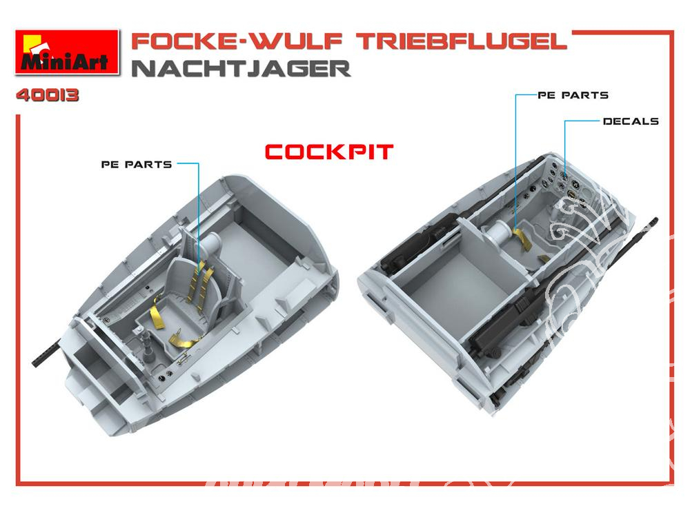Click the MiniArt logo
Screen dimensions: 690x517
tap(67, 52)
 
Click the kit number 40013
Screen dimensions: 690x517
tap(48, 95)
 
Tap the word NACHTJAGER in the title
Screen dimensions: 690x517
tap(241, 68)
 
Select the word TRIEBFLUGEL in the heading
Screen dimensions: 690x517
tap(461, 41)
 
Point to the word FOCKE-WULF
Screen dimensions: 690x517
tap(237, 41)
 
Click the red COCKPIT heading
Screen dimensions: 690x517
tap(328, 152)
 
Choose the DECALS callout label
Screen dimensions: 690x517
tap(631, 121)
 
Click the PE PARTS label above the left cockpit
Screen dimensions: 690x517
tap(137, 165)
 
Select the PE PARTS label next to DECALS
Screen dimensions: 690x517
tap(573, 95)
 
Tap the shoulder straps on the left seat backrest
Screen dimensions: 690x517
tap(201, 281)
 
